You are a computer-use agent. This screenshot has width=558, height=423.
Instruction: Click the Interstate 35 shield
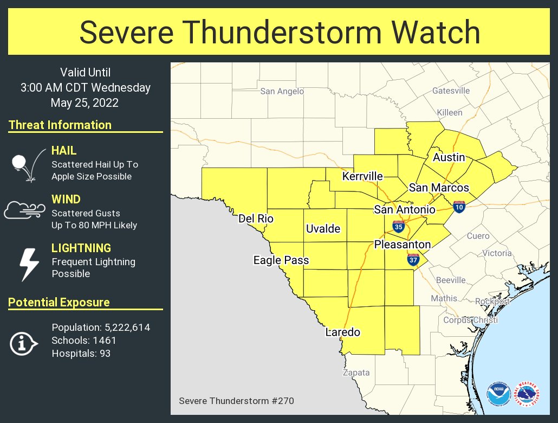pos(399,227)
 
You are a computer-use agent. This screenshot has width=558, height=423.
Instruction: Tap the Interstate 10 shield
pos(459,206)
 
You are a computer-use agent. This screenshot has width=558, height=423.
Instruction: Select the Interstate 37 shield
pos(413,260)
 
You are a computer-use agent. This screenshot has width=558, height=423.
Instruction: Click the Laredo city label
pos(342,332)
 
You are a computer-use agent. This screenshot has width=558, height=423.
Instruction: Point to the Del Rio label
pos(256,219)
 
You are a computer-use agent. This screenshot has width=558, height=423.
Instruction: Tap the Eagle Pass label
pos(281,260)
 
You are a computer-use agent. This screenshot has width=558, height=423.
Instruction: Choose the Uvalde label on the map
pos(323,229)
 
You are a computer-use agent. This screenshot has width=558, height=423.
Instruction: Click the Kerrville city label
pos(362,176)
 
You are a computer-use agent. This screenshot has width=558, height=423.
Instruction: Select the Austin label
pos(449,157)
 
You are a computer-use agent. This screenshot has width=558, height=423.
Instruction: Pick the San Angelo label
pos(282,91)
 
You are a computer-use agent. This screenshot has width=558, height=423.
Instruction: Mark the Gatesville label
pos(451,91)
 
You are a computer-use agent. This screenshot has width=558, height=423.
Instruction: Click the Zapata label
pos(356,373)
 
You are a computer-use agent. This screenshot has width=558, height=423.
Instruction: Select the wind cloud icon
pos(24,209)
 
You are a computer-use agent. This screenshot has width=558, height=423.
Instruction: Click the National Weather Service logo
pos(527,394)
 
